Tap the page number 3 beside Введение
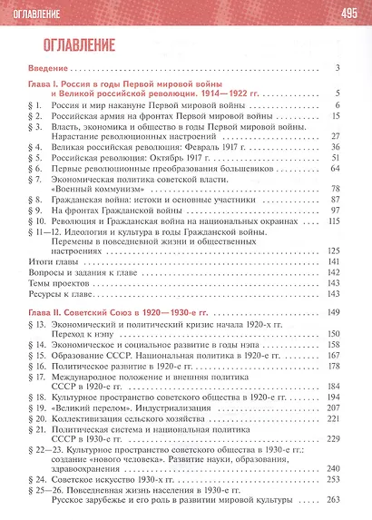pyautogui.click(x=336, y=69)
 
